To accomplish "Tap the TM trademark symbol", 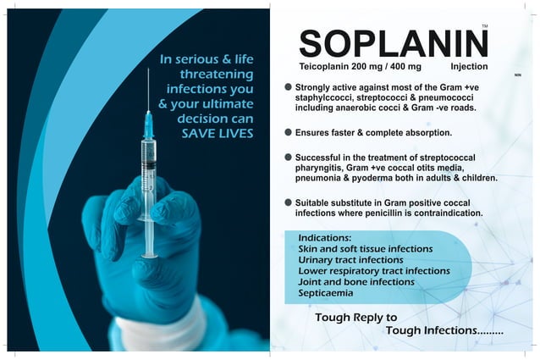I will click(x=484, y=28).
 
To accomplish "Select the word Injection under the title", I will click(x=470, y=65).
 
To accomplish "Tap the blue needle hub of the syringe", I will click(x=148, y=126).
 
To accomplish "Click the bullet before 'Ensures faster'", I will click(x=289, y=132).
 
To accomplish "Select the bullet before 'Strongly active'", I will click(x=289, y=86).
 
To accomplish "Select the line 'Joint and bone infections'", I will click(x=355, y=281).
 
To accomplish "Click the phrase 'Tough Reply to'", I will click(x=355, y=318).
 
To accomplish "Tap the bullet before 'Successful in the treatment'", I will click(x=289, y=157).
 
